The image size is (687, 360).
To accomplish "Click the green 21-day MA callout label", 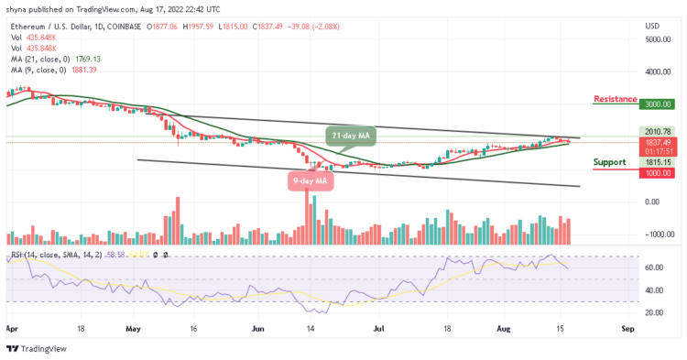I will (350, 136).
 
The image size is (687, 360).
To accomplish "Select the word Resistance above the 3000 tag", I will (615, 99).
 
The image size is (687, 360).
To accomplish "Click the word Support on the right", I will (610, 162).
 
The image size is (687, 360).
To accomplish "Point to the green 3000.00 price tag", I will (657, 104).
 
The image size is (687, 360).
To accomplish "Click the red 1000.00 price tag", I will (657, 169).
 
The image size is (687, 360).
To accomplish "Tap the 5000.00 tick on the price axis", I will (657, 39).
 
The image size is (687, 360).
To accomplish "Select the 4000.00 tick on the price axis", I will (657, 71).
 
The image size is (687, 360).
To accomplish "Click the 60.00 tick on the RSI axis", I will (652, 267).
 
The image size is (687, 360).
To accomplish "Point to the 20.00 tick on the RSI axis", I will (652, 312).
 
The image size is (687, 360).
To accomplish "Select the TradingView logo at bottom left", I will (38, 348).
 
